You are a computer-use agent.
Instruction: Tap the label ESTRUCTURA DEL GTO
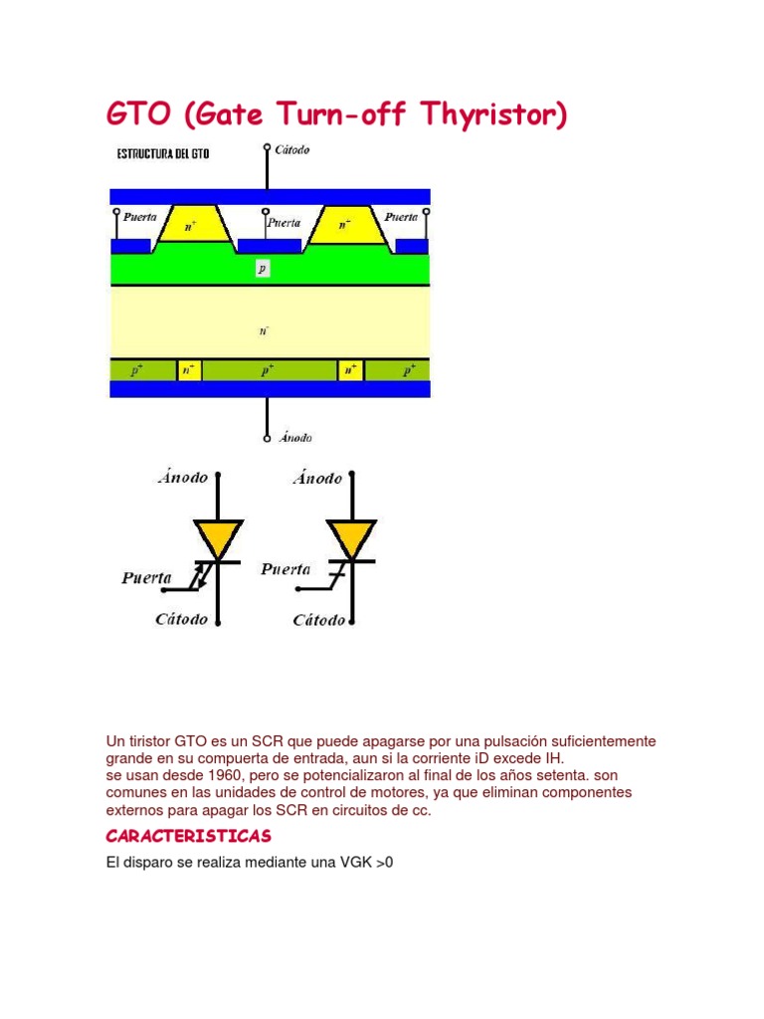point(163,154)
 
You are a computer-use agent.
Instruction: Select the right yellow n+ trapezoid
point(344,225)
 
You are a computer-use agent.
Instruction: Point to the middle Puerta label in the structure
point(284,223)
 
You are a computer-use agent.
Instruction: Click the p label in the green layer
point(262,269)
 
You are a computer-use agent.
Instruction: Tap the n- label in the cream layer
point(263,324)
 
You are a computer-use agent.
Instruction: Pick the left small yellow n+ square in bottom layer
point(189,371)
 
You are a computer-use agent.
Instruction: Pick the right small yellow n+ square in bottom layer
point(350,371)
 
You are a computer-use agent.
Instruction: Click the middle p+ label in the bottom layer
point(269,371)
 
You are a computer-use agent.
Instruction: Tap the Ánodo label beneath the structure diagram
point(294,437)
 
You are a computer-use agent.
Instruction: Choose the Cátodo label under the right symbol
point(318,620)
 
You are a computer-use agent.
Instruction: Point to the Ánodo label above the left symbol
point(183,478)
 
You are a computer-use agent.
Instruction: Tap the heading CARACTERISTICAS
point(188,835)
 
